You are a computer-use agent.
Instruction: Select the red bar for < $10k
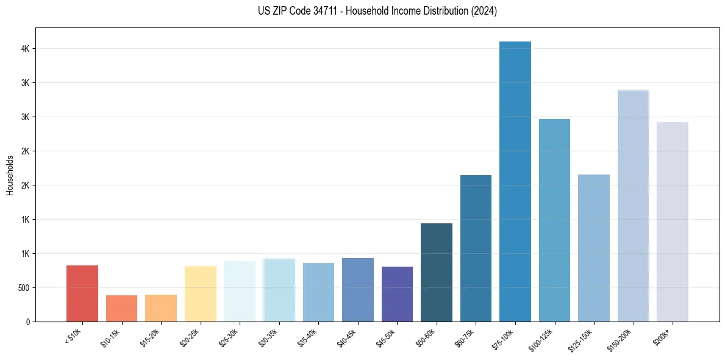[x=82, y=293]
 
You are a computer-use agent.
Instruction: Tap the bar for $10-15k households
[x=121, y=308]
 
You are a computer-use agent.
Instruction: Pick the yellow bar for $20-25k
[x=200, y=293]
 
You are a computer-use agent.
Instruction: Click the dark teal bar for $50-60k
[x=437, y=272]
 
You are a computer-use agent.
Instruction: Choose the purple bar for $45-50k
[x=397, y=294]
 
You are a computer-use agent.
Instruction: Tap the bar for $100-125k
[x=554, y=220]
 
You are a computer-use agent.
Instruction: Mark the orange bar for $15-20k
[x=161, y=308]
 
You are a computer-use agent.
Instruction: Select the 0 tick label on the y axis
[x=27, y=322]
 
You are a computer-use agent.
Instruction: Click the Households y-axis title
[x=10, y=175]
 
